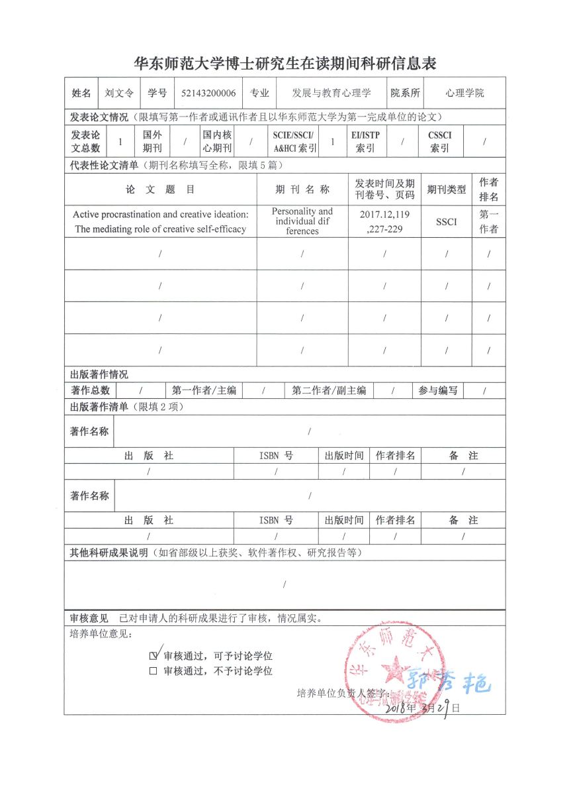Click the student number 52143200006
[x=208, y=93]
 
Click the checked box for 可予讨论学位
[x=154, y=656]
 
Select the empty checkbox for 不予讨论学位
[x=154, y=671]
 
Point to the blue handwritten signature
[x=450, y=682]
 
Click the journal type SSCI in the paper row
[x=446, y=221]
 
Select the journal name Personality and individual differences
[x=302, y=221]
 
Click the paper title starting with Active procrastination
[x=160, y=221]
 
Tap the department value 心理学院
[x=464, y=93]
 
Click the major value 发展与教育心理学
[x=332, y=93]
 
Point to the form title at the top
[x=285, y=64]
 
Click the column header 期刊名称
[x=302, y=189]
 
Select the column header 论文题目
[x=160, y=189]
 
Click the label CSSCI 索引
[x=440, y=141]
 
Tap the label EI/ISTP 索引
[x=365, y=141]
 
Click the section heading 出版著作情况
[x=99, y=375]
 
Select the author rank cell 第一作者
[x=489, y=221]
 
